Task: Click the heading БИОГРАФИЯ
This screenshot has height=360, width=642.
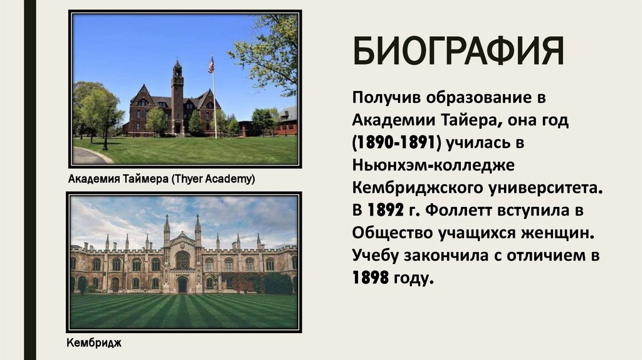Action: point(457,52)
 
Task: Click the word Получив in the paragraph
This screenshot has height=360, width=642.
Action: point(387,97)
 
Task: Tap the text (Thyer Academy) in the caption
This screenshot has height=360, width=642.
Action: point(212,179)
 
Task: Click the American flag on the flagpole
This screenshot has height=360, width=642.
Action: point(211,65)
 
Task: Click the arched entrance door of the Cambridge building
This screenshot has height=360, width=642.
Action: point(182,285)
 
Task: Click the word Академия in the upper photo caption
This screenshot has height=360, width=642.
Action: point(91,179)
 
